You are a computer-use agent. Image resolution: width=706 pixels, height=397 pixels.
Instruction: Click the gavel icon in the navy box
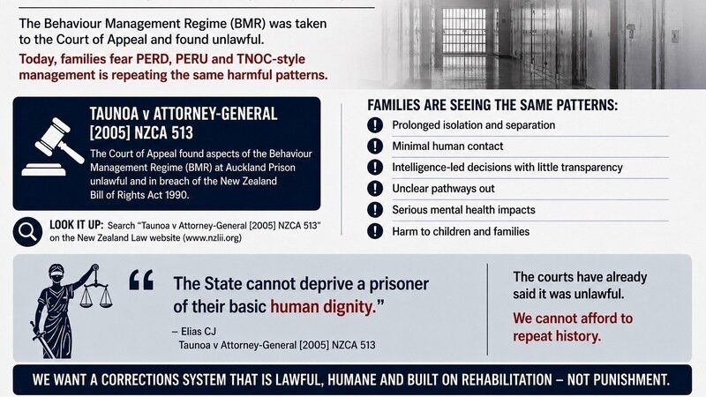click(53, 146)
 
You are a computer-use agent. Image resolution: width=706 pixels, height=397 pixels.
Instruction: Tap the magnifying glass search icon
click(27, 232)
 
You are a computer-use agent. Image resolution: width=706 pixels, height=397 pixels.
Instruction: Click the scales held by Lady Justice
click(96, 289)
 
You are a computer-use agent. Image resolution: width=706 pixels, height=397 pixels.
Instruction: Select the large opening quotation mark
click(141, 280)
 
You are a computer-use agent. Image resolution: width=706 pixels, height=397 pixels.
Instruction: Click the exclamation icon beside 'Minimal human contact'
click(374, 146)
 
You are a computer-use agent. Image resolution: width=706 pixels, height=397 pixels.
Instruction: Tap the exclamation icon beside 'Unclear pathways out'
click(374, 189)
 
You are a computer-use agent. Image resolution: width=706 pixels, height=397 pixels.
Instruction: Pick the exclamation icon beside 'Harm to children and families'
click(374, 231)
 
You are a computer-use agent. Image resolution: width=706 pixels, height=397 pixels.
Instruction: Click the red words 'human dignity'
click(322, 307)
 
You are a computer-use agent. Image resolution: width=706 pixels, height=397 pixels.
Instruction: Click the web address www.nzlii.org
click(211, 238)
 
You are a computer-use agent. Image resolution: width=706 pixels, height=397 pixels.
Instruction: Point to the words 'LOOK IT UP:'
click(77, 225)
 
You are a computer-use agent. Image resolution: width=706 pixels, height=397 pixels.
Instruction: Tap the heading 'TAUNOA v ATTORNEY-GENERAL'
click(184, 115)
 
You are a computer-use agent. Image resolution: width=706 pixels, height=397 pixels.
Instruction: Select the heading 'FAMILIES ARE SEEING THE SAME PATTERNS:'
click(492, 105)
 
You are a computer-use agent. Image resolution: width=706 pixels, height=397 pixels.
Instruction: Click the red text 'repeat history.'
click(557, 336)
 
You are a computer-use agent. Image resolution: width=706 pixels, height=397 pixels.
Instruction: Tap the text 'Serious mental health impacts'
click(464, 210)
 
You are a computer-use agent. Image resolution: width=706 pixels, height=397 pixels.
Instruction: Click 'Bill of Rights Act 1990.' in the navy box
click(139, 195)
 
